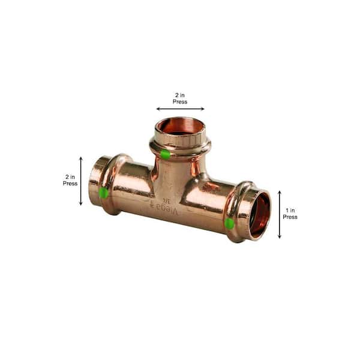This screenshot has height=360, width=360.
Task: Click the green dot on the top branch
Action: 165,154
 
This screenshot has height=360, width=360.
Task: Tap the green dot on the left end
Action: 104,193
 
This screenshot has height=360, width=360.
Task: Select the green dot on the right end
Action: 229,223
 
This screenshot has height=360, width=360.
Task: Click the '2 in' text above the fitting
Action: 180,95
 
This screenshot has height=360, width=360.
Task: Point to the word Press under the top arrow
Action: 180,102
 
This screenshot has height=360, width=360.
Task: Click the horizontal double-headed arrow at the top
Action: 180,109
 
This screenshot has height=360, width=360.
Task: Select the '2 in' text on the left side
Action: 70,177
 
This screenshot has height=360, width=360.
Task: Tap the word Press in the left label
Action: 70,184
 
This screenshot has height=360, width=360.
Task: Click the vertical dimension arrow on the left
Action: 81,181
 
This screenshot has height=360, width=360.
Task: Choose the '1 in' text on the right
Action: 290,211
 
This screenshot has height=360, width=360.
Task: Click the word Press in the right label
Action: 290,217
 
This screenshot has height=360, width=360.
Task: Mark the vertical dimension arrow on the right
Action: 280,214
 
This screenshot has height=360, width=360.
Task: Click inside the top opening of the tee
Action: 180,127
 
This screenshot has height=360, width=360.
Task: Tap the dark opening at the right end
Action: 260,213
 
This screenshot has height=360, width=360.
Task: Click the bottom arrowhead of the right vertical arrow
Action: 280,236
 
